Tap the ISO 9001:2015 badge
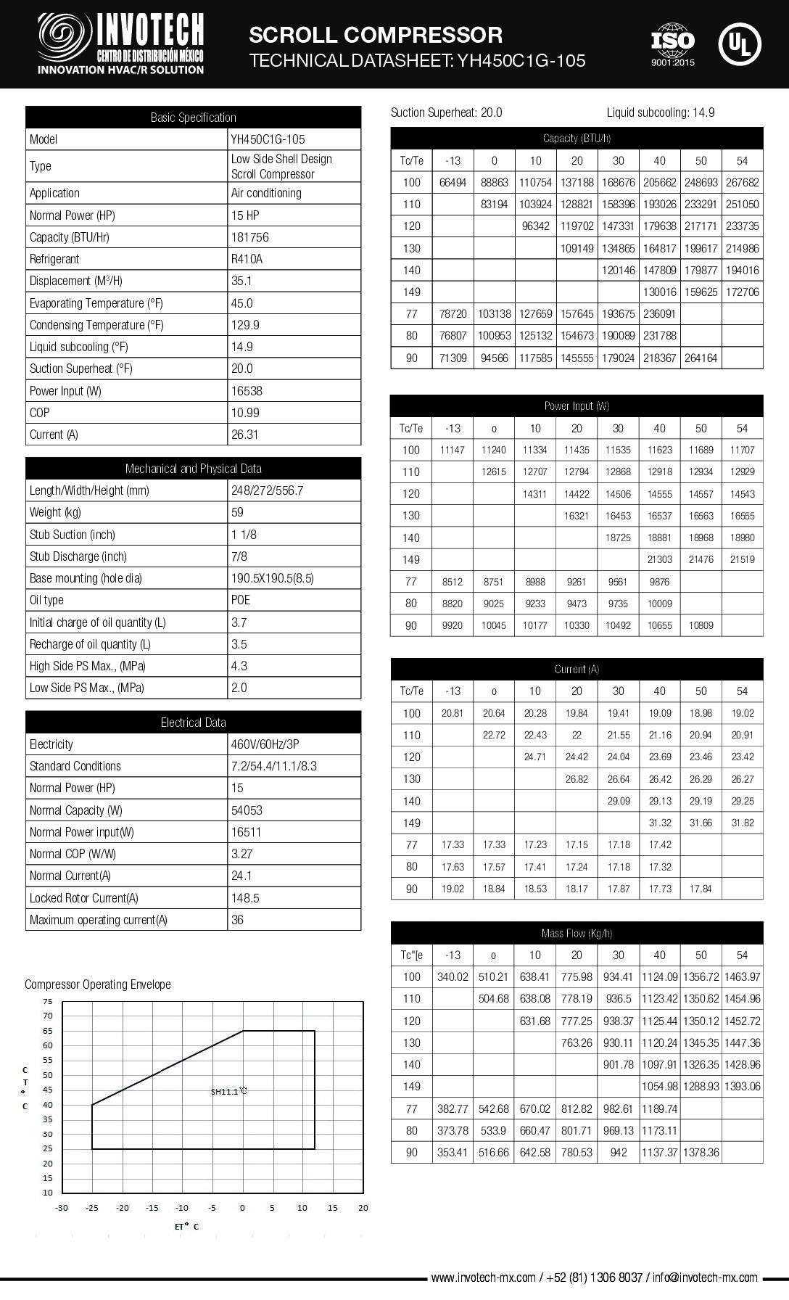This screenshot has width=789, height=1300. tap(672, 45)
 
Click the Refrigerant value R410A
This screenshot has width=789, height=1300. tap(247, 259)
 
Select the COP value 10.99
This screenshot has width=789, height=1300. tap(245, 413)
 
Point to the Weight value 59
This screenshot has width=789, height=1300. tap(237, 512)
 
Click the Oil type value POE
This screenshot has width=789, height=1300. tap(241, 600)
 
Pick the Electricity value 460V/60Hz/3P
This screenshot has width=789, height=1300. tap(265, 744)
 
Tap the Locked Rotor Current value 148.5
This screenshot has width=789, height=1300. tap(245, 898)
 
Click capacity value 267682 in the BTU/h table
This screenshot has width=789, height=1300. tap(742, 183)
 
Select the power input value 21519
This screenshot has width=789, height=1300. tap(742, 559)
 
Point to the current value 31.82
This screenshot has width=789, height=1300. tap(742, 823)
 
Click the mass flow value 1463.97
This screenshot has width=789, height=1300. tap(742, 977)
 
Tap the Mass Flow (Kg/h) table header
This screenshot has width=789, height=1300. tap(577, 933)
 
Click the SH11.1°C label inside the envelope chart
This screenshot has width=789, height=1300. tap(229, 1091)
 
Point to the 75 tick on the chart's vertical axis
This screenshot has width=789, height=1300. tap(48, 1001)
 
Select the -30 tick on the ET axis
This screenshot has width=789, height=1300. tap(62, 1208)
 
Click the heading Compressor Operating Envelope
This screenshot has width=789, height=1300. tap(98, 984)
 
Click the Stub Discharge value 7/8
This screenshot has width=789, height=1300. tap(239, 556)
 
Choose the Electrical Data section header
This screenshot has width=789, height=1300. tap(193, 723)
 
